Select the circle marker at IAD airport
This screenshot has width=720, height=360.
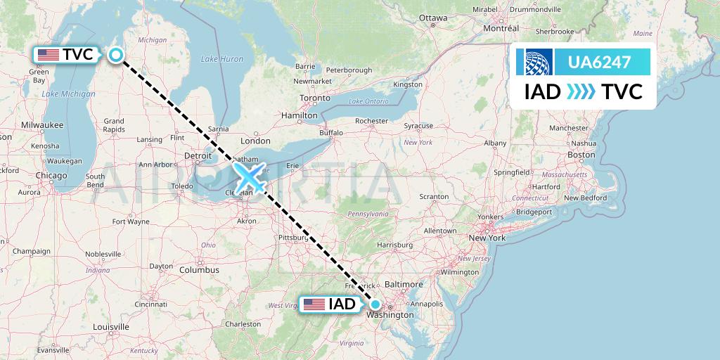click(375, 304)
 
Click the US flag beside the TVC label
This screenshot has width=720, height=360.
click(49, 55)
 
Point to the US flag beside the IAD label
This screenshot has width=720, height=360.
click(314, 304)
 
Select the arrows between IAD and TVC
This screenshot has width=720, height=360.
click(581, 91)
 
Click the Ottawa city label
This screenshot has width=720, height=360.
click(432, 17)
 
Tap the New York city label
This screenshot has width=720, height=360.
click(487, 238)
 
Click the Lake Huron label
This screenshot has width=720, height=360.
click(217, 59)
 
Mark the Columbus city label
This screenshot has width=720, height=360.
click(199, 270)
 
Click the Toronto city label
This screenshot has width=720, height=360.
click(315, 98)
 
